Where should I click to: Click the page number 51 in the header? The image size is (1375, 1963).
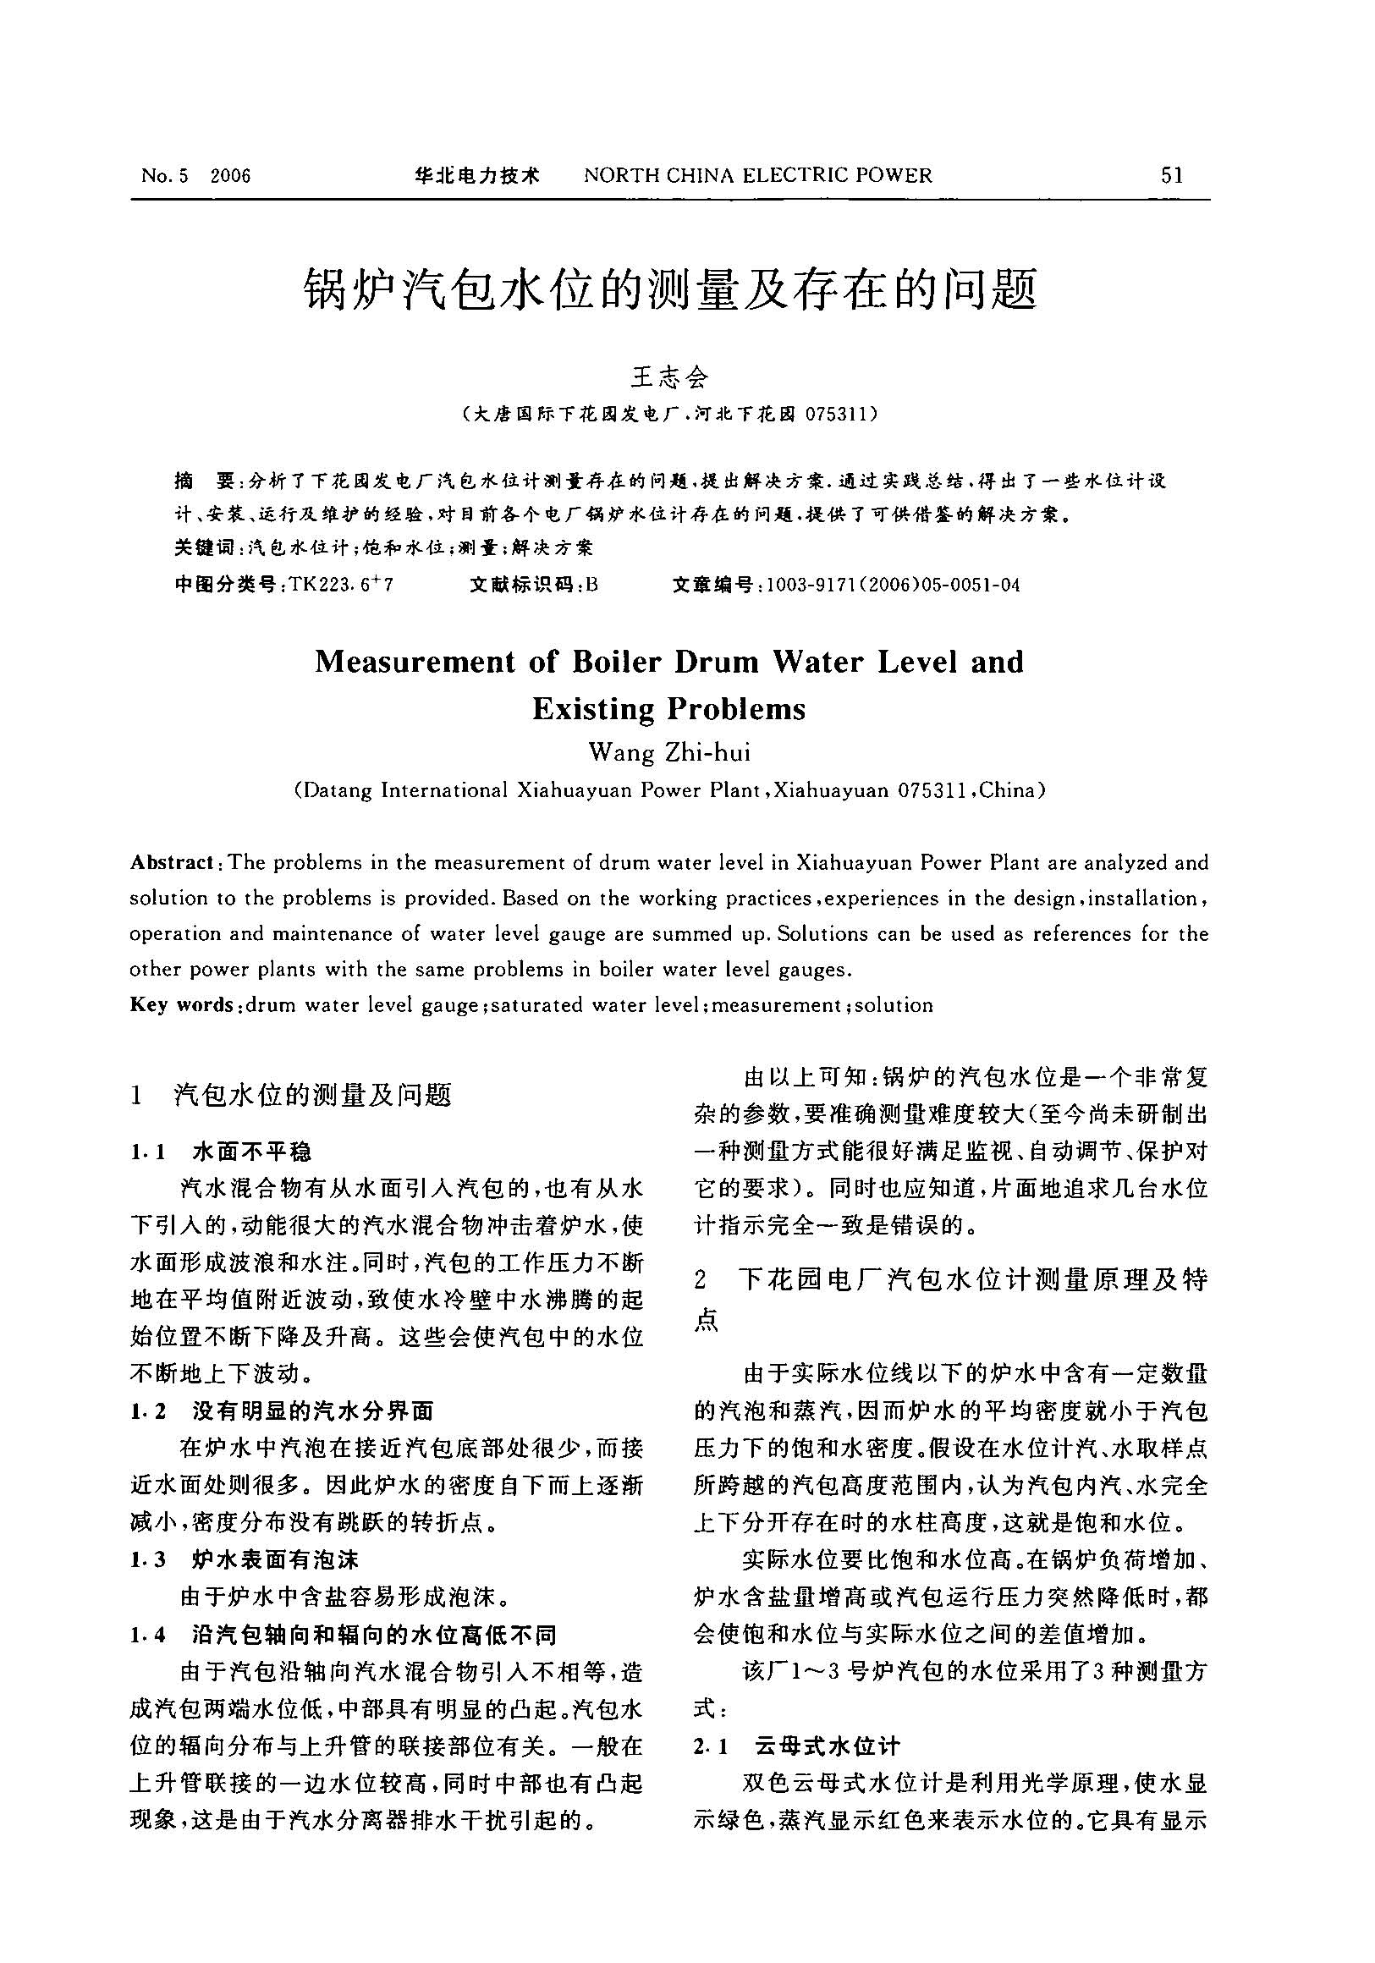pyautogui.click(x=1172, y=175)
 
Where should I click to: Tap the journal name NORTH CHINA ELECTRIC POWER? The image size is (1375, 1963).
pyautogui.click(x=757, y=175)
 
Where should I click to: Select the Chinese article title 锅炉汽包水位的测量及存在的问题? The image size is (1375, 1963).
pyautogui.click(x=671, y=289)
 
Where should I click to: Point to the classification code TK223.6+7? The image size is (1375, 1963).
pyautogui.click(x=341, y=585)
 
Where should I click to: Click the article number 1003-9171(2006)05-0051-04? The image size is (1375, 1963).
pyautogui.click(x=893, y=585)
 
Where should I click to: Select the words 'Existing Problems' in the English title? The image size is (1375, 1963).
pyautogui.click(x=668, y=708)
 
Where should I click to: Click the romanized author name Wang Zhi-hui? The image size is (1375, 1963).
pyautogui.click(x=669, y=751)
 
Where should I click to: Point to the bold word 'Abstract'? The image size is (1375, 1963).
pyautogui.click(x=171, y=862)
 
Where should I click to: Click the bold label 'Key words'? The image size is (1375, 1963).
pyautogui.click(x=181, y=1004)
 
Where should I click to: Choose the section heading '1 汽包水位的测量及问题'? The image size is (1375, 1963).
pyautogui.click(x=291, y=1094)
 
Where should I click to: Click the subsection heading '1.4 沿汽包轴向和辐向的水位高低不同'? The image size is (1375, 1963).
pyautogui.click(x=342, y=1635)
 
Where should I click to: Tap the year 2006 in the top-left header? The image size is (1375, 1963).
pyautogui.click(x=230, y=176)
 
